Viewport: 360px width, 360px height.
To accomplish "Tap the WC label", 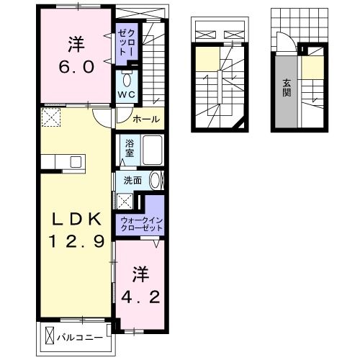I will coord(127,94).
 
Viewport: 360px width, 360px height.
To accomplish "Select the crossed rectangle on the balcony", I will coord(50,335).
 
